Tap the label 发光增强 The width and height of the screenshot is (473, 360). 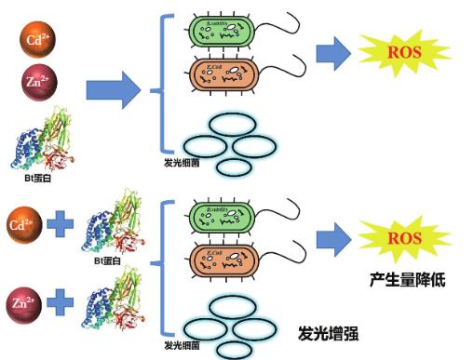pyautogui.click(x=329, y=332)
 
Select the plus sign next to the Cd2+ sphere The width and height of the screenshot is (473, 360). pyautogui.click(x=60, y=226)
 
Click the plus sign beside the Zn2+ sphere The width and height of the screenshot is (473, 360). pyautogui.click(x=60, y=302)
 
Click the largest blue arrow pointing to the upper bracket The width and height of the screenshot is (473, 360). pyautogui.click(x=113, y=90)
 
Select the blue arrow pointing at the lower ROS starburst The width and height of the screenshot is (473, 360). pyautogui.click(x=331, y=241)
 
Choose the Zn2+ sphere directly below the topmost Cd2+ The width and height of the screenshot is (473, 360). pyautogui.click(x=38, y=84)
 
